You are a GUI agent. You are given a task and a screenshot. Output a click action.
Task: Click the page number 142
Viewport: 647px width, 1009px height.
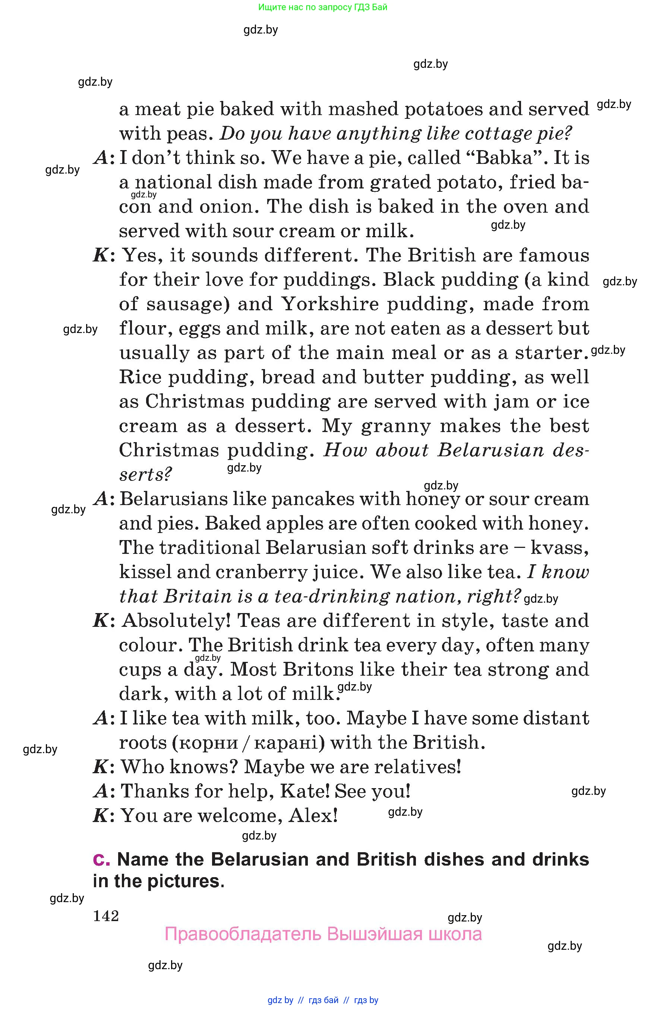[106, 916]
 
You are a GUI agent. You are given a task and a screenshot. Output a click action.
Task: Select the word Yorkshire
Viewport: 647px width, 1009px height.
[330, 304]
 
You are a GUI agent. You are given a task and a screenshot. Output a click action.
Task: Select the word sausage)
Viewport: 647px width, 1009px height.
[188, 304]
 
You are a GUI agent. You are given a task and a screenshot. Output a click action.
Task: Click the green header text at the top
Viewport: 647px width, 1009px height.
[323, 7]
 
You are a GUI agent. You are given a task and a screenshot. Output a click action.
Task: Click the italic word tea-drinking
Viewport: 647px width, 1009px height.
[332, 596]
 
